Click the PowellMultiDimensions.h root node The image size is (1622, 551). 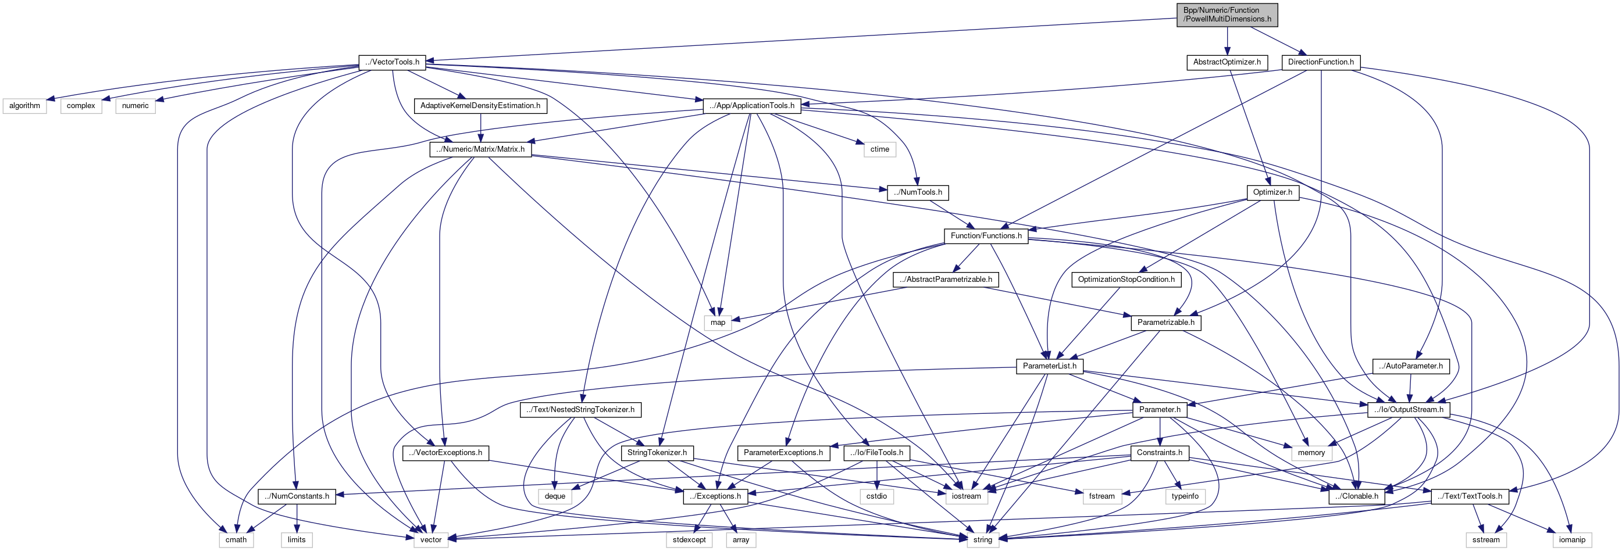click(1227, 15)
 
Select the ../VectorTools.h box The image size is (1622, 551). click(393, 62)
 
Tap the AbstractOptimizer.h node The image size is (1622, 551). click(1227, 62)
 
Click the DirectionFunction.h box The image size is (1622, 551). click(1320, 62)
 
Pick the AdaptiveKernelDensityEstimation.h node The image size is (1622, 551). click(480, 106)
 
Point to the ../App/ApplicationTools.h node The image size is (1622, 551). click(751, 106)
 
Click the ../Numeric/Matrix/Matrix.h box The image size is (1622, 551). click(480, 149)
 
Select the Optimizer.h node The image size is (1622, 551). click(1272, 192)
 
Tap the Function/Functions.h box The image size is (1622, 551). click(985, 236)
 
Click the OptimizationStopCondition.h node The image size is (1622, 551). click(1126, 279)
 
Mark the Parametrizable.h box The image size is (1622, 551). click(1165, 323)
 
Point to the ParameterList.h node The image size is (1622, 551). click(1049, 366)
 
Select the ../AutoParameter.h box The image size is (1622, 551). click(1410, 366)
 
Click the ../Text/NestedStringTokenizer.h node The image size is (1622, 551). click(580, 410)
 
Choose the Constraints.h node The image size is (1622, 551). click(1158, 453)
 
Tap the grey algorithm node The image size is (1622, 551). click(24, 106)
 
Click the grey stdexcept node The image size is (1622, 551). click(689, 540)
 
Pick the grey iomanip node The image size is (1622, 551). click(1571, 540)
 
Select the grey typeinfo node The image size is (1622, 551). click(1185, 496)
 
